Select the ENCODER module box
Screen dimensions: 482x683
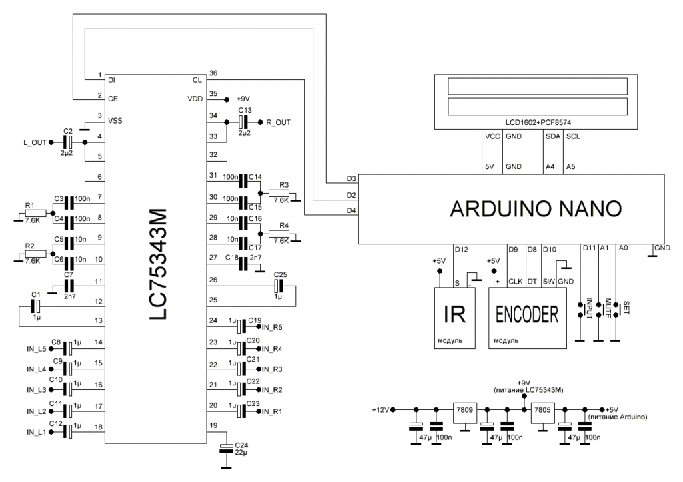point(527,317)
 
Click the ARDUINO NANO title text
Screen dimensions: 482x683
point(536,210)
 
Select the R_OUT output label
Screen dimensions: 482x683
point(279,122)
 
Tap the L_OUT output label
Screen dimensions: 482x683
point(35,142)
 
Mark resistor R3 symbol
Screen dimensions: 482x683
point(279,194)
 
